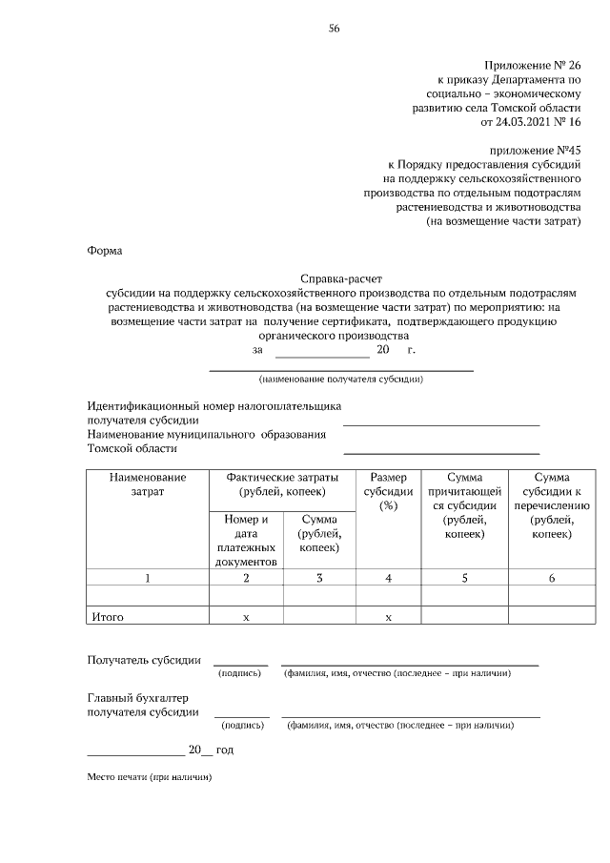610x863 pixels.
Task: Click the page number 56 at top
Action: point(335,28)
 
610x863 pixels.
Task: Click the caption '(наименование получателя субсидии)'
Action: point(340,379)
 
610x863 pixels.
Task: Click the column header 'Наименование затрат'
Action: point(148,483)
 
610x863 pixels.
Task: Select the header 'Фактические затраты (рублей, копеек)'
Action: point(281,483)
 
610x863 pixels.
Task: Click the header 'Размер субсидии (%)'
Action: point(387,490)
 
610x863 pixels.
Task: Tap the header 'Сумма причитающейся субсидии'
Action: point(464,505)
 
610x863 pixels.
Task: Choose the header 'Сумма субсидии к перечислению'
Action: point(551,505)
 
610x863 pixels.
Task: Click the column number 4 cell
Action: point(388,578)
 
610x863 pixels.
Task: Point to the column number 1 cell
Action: point(148,578)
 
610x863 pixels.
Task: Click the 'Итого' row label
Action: point(108,617)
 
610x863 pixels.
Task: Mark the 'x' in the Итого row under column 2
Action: point(246,618)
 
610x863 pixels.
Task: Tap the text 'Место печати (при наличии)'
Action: point(150,777)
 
